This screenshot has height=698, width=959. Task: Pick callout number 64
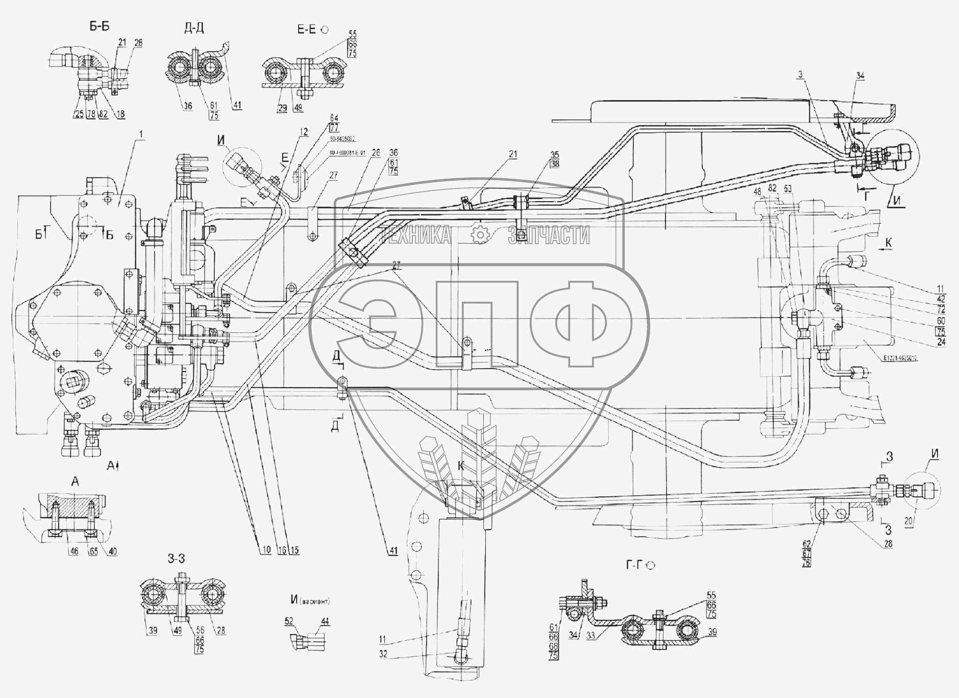click(x=335, y=118)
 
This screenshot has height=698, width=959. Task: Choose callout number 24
click(x=941, y=343)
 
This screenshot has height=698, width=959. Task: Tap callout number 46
click(x=75, y=551)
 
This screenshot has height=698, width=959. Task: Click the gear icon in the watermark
click(x=480, y=235)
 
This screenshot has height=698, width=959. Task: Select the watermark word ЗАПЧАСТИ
click(x=549, y=235)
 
